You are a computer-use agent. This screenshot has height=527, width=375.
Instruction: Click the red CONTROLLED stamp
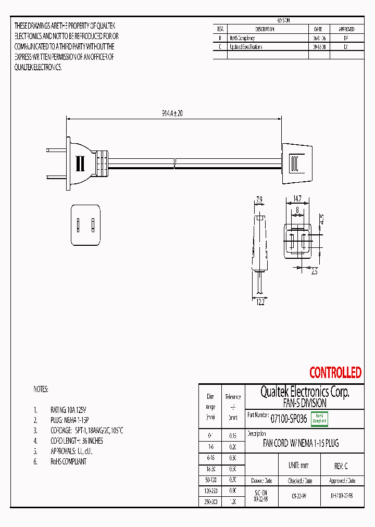pyautogui.click(x=335, y=372)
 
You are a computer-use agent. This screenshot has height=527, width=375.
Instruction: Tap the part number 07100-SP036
pyautogui.click(x=289, y=418)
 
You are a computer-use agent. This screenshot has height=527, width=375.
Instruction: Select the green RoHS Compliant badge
pyautogui.click(x=319, y=419)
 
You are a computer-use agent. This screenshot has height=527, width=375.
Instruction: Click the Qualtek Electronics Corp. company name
pyautogui.click(x=305, y=392)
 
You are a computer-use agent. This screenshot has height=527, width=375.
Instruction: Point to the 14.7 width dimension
pyautogui.click(x=296, y=198)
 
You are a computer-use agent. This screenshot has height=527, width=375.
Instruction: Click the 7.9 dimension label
pyautogui.click(x=259, y=198)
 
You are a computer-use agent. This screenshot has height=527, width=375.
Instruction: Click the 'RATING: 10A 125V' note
pyautogui.click(x=68, y=409)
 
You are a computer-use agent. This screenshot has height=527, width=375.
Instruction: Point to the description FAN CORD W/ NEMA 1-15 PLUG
pyautogui.click(x=301, y=444)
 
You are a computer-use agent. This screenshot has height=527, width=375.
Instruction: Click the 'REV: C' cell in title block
pyautogui.click(x=341, y=466)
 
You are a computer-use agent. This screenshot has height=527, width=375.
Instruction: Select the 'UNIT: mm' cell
pyautogui.click(x=298, y=466)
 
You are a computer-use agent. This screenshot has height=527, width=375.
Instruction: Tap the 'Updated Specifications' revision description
pyautogui.click(x=246, y=47)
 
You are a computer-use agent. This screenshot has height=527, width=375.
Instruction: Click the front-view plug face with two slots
pyautogui.click(x=85, y=225)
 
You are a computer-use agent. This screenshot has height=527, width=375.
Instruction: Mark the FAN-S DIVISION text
pyautogui.click(x=305, y=403)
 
